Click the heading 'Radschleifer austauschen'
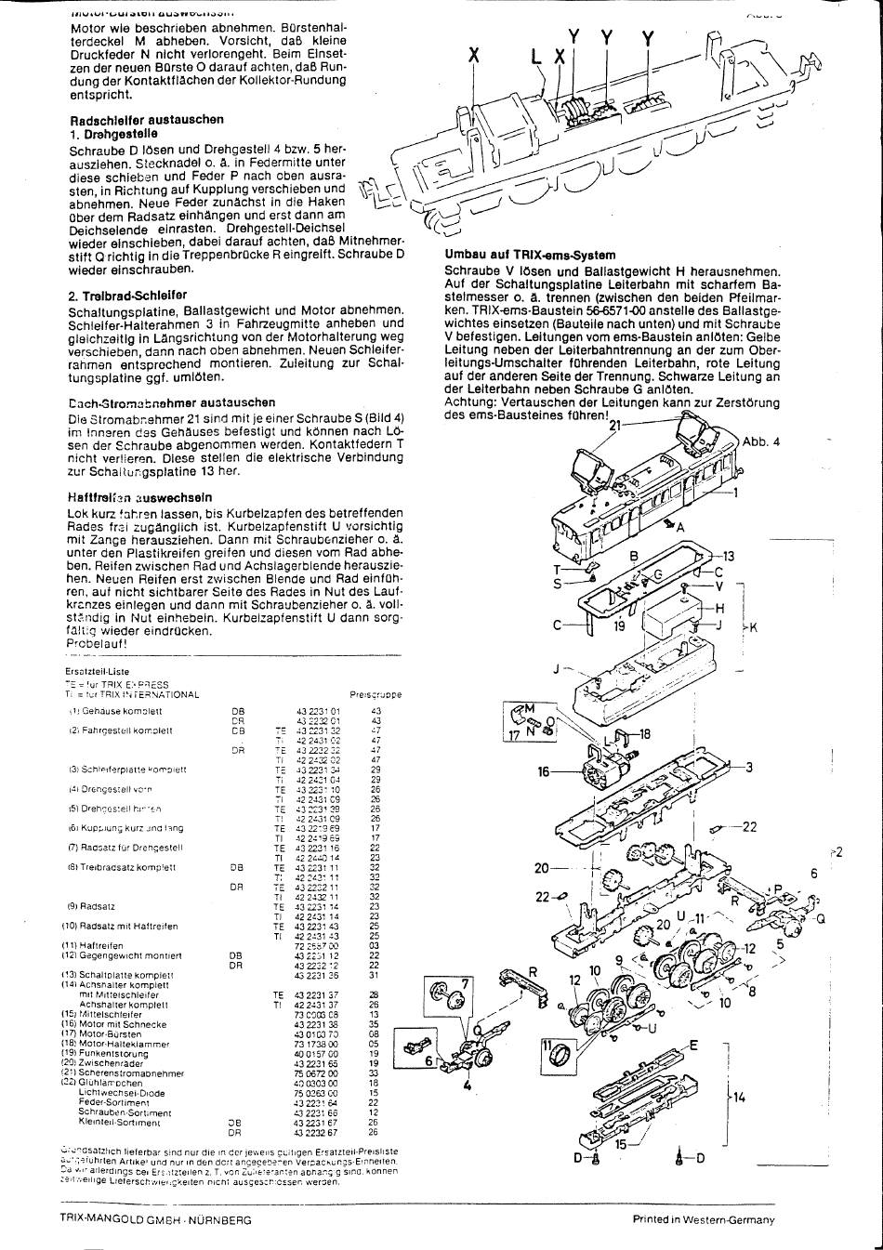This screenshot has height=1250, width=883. [x=147, y=120]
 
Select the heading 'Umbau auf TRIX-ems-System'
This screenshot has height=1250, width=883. [x=530, y=255]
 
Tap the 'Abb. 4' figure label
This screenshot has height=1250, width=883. [x=761, y=441]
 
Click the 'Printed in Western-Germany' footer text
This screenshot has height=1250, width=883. [x=703, y=1220]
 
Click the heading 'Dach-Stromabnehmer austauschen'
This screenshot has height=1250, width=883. [x=172, y=402]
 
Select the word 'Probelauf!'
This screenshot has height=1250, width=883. [x=98, y=643]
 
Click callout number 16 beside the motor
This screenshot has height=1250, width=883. [x=546, y=771]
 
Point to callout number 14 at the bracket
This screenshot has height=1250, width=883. [x=739, y=1098]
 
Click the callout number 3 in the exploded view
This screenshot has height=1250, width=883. [x=748, y=767]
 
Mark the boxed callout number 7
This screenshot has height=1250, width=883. [x=467, y=983]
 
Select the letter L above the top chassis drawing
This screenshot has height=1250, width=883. [x=536, y=57]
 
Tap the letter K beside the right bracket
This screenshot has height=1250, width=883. [x=753, y=628]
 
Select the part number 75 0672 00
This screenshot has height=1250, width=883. [x=316, y=1073]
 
